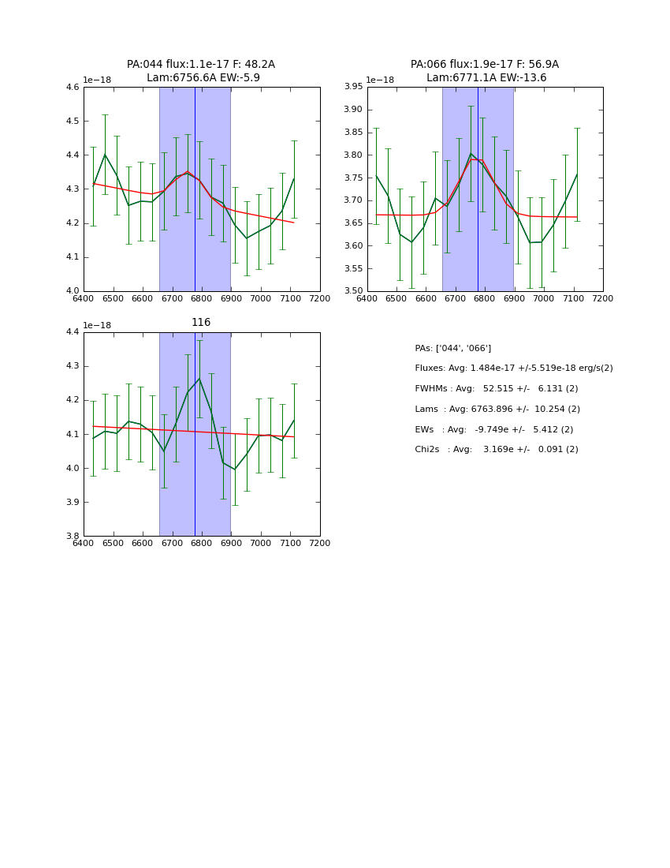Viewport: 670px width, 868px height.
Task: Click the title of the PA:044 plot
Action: pyautogui.click(x=201, y=71)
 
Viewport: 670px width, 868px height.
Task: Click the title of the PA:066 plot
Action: pyautogui.click(x=484, y=71)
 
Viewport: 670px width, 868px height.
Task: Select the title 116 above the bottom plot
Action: pyautogui.click(x=201, y=323)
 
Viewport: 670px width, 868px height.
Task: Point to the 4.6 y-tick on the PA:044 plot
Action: pyautogui.click(x=73, y=88)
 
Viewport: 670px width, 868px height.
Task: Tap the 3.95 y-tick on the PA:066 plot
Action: pyautogui.click(x=353, y=88)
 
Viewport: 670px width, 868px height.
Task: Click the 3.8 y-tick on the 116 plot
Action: pyautogui.click(x=73, y=537)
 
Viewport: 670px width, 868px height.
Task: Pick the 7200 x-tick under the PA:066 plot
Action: pyautogui.click(x=603, y=298)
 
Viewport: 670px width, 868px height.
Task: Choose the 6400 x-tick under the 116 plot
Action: pyautogui.click(x=84, y=543)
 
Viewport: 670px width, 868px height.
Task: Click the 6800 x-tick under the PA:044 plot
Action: pyautogui.click(x=201, y=298)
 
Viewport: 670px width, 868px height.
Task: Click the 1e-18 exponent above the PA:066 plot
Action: pyautogui.click(x=380, y=80)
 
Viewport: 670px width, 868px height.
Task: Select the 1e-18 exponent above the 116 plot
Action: pyautogui.click(x=97, y=325)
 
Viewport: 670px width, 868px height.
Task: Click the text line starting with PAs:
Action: pyautogui.click(x=452, y=349)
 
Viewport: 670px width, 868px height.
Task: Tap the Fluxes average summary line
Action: pyautogui.click(x=513, y=369)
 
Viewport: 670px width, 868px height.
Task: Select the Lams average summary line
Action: pyautogui.click(x=497, y=410)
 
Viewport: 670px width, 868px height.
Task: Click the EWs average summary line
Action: pyautogui.click(x=493, y=429)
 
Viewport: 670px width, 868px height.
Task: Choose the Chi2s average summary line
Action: pyautogui.click(x=496, y=450)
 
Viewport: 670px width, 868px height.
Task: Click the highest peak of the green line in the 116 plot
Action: pyautogui.click(x=199, y=379)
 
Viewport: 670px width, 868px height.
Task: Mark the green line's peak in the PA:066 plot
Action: pyautogui.click(x=471, y=154)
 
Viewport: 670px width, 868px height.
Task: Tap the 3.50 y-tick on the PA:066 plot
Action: pyautogui.click(x=353, y=291)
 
